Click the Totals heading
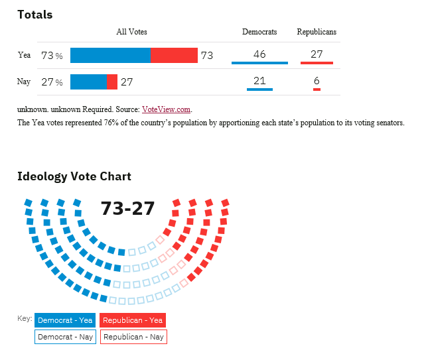point(35,15)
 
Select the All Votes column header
point(131,32)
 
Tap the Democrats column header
point(259,32)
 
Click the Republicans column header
point(317,32)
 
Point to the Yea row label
point(24,55)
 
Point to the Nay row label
point(24,82)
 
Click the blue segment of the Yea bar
point(111,55)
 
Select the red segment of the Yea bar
point(174,55)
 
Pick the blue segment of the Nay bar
point(88,82)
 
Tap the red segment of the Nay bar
point(112,82)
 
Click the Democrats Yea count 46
point(259,54)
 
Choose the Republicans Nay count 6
point(317,81)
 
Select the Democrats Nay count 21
point(259,81)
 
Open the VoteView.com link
point(166,109)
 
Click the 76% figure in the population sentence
point(111,123)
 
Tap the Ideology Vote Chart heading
point(74,176)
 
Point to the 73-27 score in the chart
point(128,208)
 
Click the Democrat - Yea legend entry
point(65,320)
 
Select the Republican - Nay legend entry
point(133,337)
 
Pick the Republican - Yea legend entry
point(133,320)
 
